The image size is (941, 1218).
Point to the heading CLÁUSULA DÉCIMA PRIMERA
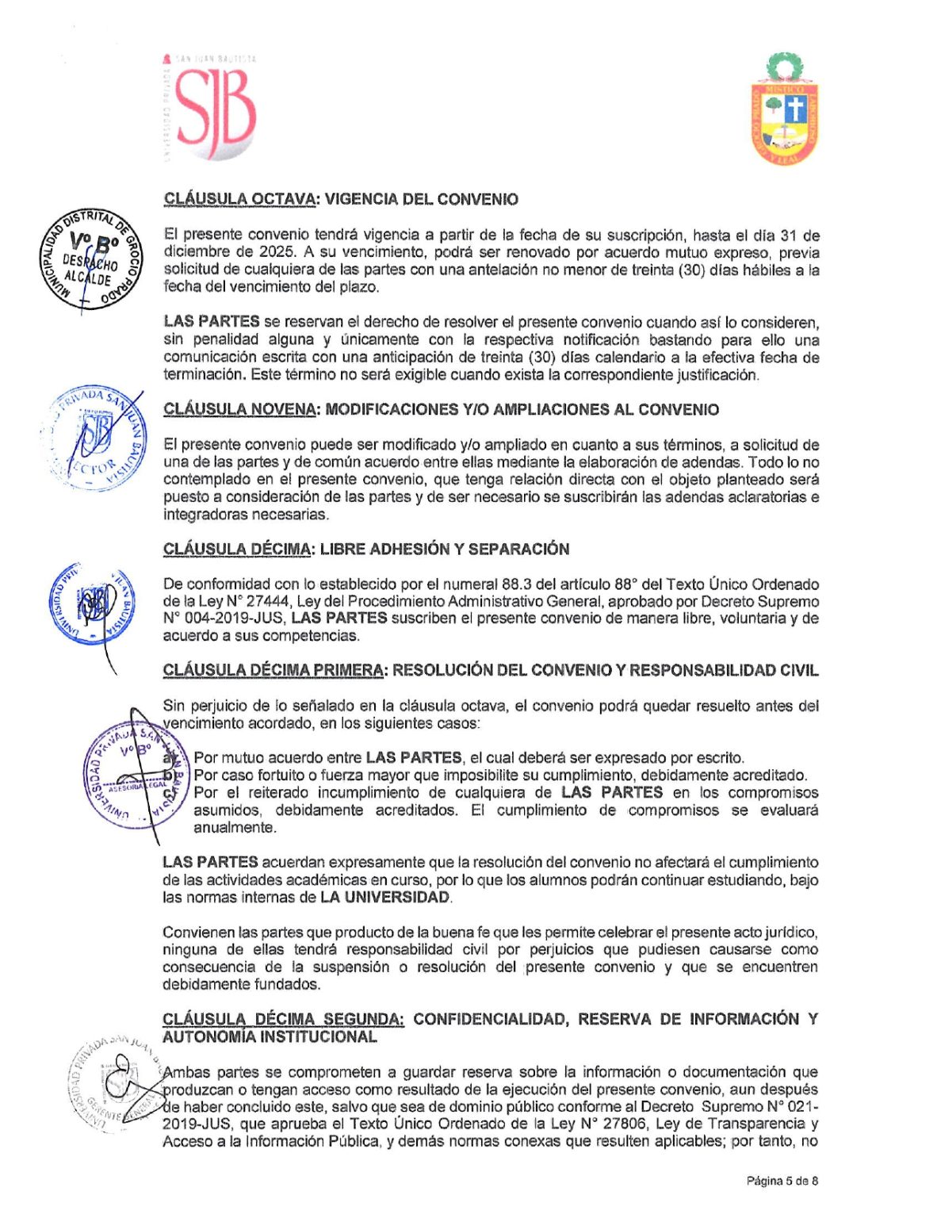click(x=273, y=671)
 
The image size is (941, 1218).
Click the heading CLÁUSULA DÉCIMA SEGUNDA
click(x=282, y=1020)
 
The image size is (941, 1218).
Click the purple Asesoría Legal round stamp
click(x=136, y=776)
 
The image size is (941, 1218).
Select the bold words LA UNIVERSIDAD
click(x=385, y=898)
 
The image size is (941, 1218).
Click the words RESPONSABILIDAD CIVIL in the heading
click(x=723, y=671)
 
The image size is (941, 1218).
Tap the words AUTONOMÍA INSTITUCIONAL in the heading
click(x=270, y=1037)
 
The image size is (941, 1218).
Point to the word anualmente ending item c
click(x=235, y=828)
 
